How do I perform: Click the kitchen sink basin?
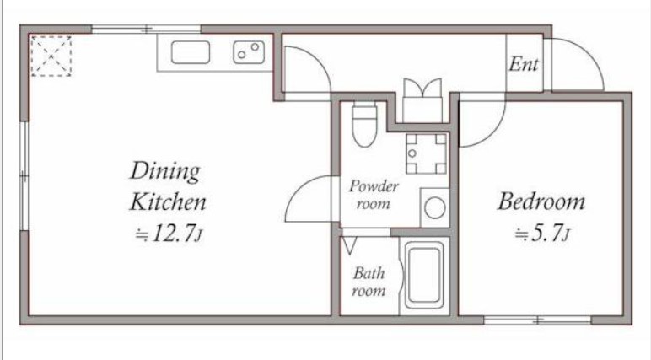coord(190,52)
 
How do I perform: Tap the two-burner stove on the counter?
coord(249,52)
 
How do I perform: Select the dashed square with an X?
coord(51,56)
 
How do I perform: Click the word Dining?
coord(164,170)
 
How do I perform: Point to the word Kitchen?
coord(168,202)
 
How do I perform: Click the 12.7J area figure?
coord(169,234)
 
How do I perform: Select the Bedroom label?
coord(541,201)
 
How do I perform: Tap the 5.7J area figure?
coord(542,233)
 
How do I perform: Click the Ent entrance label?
coord(524,64)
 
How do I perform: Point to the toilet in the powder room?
coord(364,125)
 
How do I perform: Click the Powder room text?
coord(374,194)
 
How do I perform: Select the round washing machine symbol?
coord(434,207)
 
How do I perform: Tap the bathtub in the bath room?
coord(424,275)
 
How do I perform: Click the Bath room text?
coord(369,282)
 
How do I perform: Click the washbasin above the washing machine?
coord(427,153)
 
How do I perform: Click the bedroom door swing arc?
coord(493,133)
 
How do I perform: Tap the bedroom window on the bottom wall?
coord(538,320)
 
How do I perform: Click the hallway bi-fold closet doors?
coord(422,88)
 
